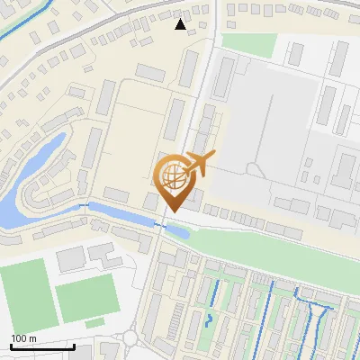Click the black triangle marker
point(181,24)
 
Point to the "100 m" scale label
point(24,337)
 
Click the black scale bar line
point(42,346)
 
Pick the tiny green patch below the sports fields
point(94,321)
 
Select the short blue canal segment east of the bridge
point(178,230)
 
